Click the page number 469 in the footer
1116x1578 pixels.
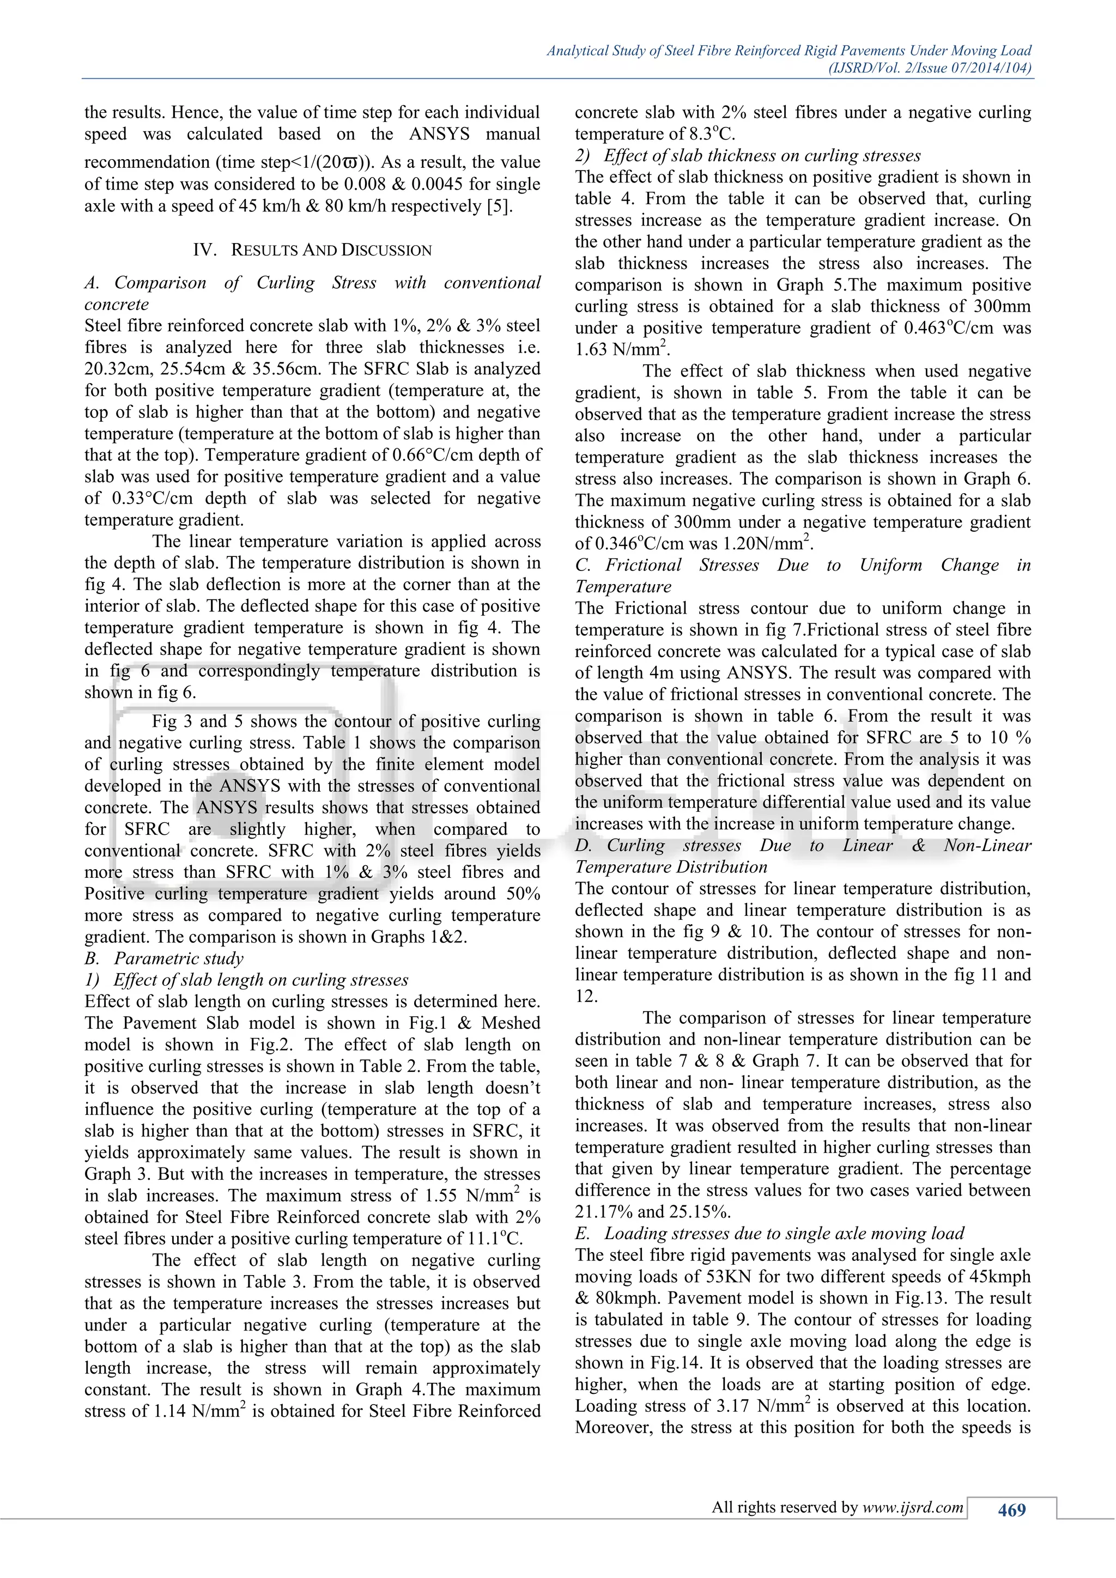click(x=1011, y=1510)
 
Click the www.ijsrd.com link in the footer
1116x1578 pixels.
click(x=913, y=1507)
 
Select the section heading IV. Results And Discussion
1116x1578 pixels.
click(x=313, y=250)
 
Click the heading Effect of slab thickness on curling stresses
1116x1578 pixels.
click(x=762, y=156)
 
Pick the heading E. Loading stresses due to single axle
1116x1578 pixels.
click(x=769, y=1233)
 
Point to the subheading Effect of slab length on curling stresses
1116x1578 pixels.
click(x=260, y=980)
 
